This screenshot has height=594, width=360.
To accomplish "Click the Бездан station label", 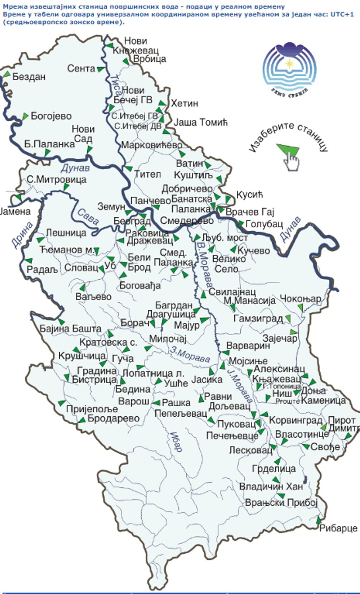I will (29, 77).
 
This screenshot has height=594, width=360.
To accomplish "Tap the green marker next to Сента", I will (100, 69).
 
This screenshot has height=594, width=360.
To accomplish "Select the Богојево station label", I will (52, 116).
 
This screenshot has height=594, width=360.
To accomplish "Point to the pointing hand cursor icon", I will (291, 161).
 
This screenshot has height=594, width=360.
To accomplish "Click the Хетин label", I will (184, 104).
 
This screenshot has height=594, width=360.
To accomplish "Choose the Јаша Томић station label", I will (201, 122).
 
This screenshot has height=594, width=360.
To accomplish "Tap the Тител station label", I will (148, 174).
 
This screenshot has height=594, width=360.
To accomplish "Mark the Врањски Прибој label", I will (281, 502).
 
